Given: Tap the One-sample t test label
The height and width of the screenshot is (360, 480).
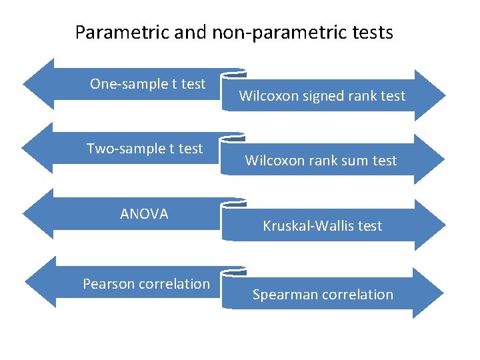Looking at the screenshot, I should [147, 84].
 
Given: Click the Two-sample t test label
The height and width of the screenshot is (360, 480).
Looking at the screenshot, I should [145, 149].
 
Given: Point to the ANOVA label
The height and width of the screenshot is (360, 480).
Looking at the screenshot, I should [144, 214].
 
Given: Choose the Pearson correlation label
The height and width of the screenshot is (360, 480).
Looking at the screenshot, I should [146, 284].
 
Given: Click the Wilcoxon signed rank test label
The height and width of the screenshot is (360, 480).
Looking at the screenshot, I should [322, 96].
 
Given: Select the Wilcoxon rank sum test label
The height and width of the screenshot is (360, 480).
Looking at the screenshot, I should [321, 161].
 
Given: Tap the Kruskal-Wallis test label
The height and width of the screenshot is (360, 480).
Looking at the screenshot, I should [322, 226].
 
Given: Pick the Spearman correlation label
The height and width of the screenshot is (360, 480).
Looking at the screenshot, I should [323, 295].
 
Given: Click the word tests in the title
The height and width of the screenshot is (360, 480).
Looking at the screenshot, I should [371, 32].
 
